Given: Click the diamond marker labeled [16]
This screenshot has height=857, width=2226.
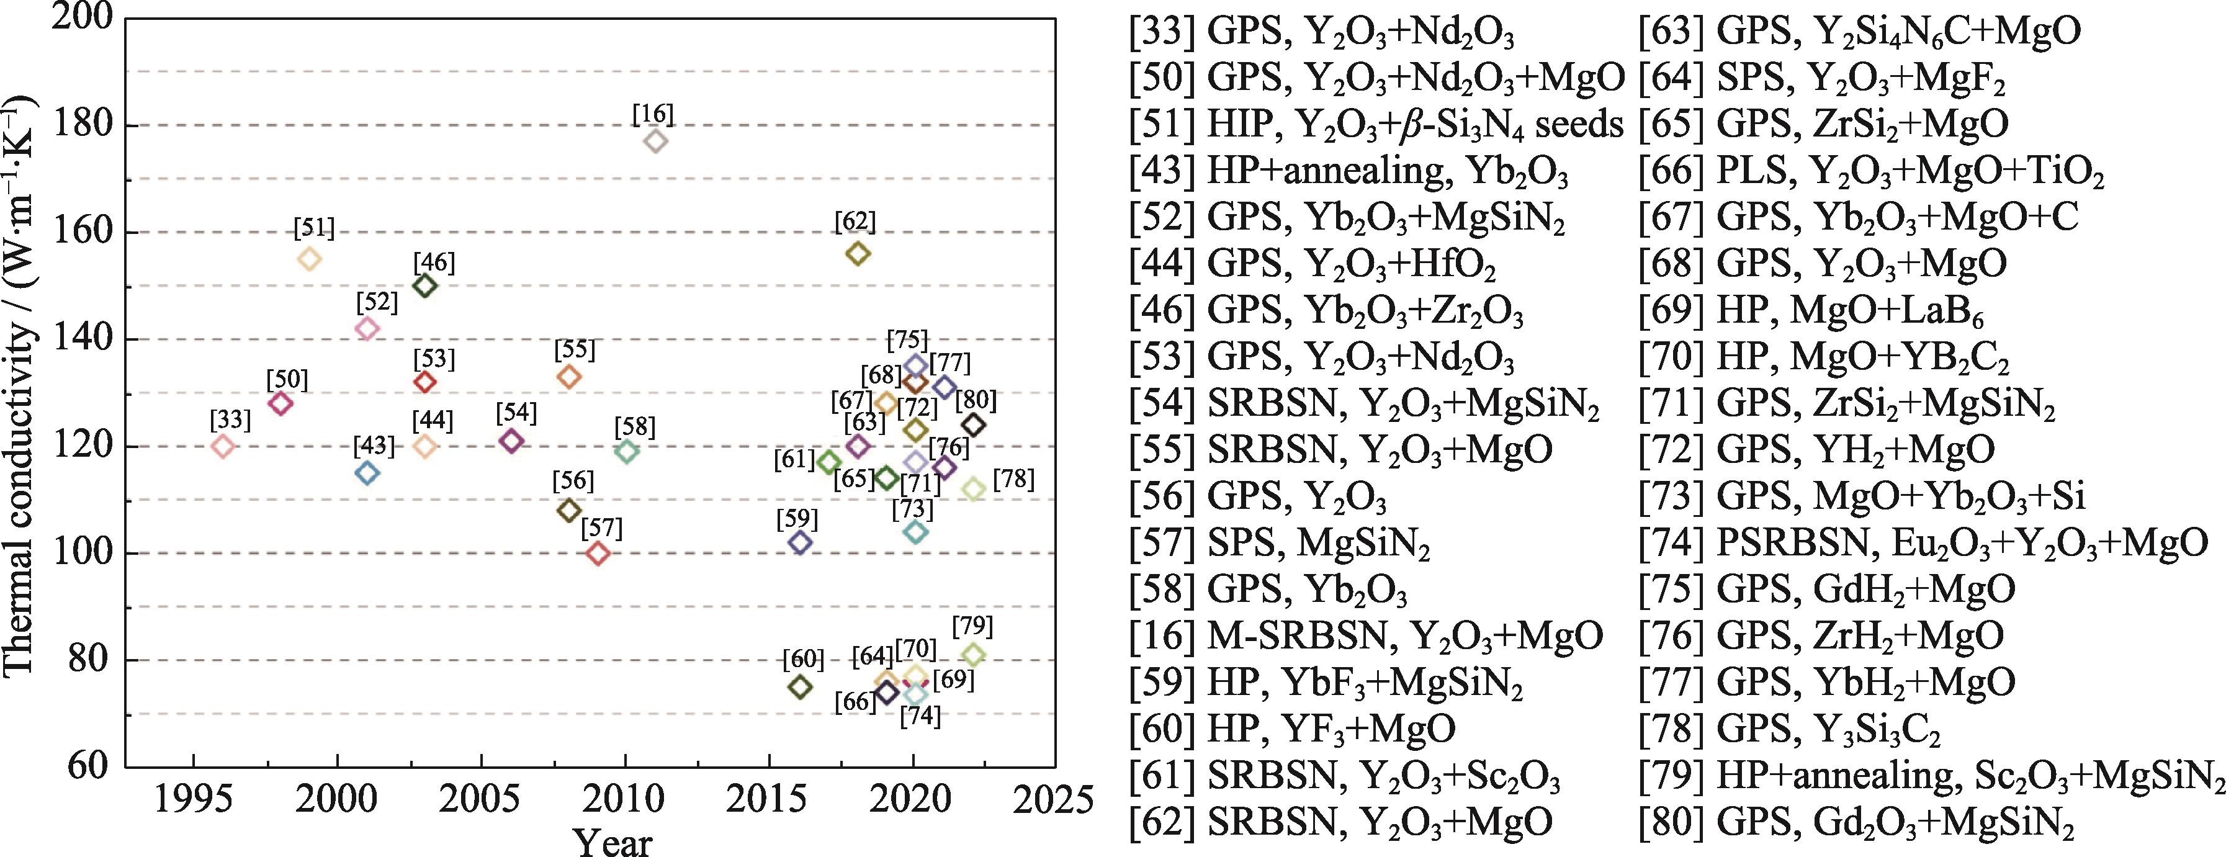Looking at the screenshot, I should pos(656,141).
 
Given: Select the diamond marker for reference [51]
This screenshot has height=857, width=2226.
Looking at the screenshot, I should pos(310,258).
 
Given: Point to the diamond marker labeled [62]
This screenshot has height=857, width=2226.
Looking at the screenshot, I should pos(858,253).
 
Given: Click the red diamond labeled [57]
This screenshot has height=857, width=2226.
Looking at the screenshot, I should pos(598,553).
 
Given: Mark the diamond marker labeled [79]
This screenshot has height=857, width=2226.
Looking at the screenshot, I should pos(973,655).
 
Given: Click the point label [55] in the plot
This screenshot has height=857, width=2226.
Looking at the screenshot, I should pos(575,350).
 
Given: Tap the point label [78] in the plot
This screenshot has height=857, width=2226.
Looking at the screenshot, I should pos(1013,478).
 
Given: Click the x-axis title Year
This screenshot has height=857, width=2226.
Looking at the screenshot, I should pos(614,841).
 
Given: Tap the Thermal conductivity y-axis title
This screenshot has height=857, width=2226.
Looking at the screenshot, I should pos(19,388).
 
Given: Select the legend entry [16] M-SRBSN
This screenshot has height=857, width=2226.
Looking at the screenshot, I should pos(1366,636).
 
